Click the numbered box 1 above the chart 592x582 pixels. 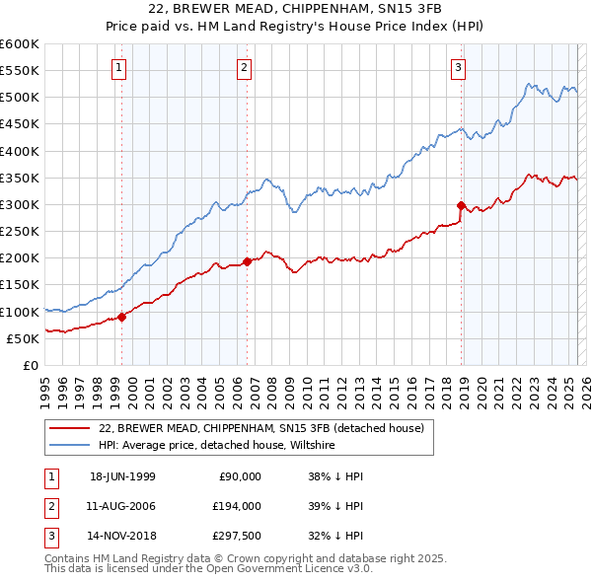[x=118, y=68]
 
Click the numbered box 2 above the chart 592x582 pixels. [x=244, y=68]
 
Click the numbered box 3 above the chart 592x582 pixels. [x=459, y=68]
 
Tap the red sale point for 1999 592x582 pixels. [x=122, y=317]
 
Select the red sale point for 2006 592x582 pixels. [x=247, y=261]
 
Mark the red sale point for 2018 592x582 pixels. [x=461, y=205]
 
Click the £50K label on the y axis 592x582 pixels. [x=23, y=338]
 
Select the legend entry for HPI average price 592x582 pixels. [x=216, y=446]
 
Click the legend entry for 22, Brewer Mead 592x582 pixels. [x=261, y=428]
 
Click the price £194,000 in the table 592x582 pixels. [x=238, y=506]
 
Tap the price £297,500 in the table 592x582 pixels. [x=238, y=538]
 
